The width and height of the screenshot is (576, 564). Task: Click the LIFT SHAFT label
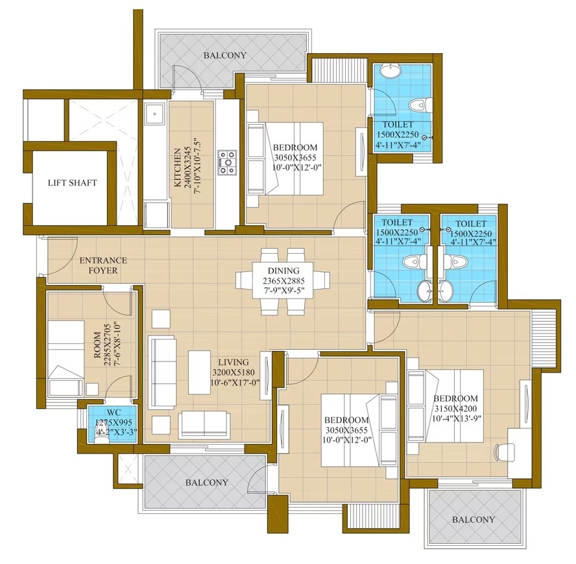pyautogui.click(x=73, y=183)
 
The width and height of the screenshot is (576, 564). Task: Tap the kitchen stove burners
pyautogui.click(x=227, y=162)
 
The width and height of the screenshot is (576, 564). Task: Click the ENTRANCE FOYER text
pyautogui.click(x=103, y=265)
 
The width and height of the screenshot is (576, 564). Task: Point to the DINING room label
pyautogui.click(x=283, y=271)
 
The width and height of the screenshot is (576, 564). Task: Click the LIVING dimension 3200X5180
pyautogui.click(x=234, y=373)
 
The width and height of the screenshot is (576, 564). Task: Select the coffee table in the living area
pyautogui.click(x=200, y=372)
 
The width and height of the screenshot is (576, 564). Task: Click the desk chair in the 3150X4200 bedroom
pyautogui.click(x=504, y=452)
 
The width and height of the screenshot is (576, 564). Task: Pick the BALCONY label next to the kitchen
pyautogui.click(x=225, y=56)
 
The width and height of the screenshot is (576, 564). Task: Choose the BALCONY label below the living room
pyautogui.click(x=207, y=482)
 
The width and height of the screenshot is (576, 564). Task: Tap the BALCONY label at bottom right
pyautogui.click(x=474, y=519)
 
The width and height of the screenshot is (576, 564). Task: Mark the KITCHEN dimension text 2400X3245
pyautogui.click(x=188, y=167)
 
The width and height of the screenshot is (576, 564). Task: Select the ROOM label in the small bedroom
pyautogui.click(x=97, y=345)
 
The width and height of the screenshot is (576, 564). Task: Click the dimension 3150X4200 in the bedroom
pyautogui.click(x=455, y=408)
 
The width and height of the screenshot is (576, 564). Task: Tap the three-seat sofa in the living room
pyautogui.click(x=162, y=373)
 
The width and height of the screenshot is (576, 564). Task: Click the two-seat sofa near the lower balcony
pyautogui.click(x=204, y=424)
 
